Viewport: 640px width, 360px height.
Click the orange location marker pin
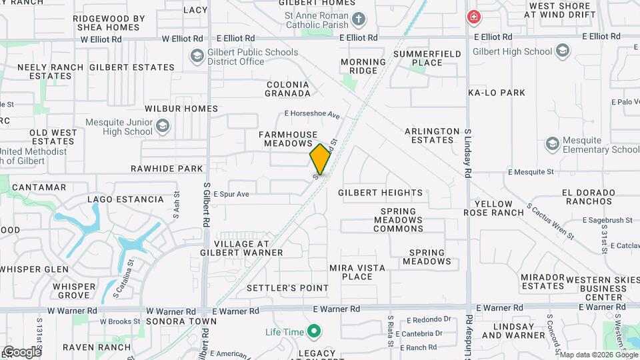click(x=320, y=159)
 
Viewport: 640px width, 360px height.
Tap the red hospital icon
click(x=474, y=17)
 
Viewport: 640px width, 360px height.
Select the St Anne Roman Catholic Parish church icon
click(x=359, y=19)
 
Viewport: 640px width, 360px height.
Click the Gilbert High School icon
click(x=563, y=51)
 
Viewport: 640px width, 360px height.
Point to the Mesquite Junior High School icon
click(x=163, y=126)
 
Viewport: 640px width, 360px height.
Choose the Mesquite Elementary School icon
click(x=552, y=143)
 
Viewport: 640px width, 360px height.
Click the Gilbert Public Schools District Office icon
click(x=197, y=56)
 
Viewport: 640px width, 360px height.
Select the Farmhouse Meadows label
click(x=289, y=139)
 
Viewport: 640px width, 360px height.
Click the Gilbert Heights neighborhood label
click(x=380, y=193)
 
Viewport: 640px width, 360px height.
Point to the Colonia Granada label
click(x=287, y=89)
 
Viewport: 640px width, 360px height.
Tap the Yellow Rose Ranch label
click(x=499, y=208)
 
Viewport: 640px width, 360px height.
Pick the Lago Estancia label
click(x=126, y=199)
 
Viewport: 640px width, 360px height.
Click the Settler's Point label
click(x=287, y=288)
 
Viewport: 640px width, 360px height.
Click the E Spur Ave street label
click(x=231, y=194)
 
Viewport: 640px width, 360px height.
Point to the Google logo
click(x=22, y=352)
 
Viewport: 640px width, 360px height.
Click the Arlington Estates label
click(x=432, y=135)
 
